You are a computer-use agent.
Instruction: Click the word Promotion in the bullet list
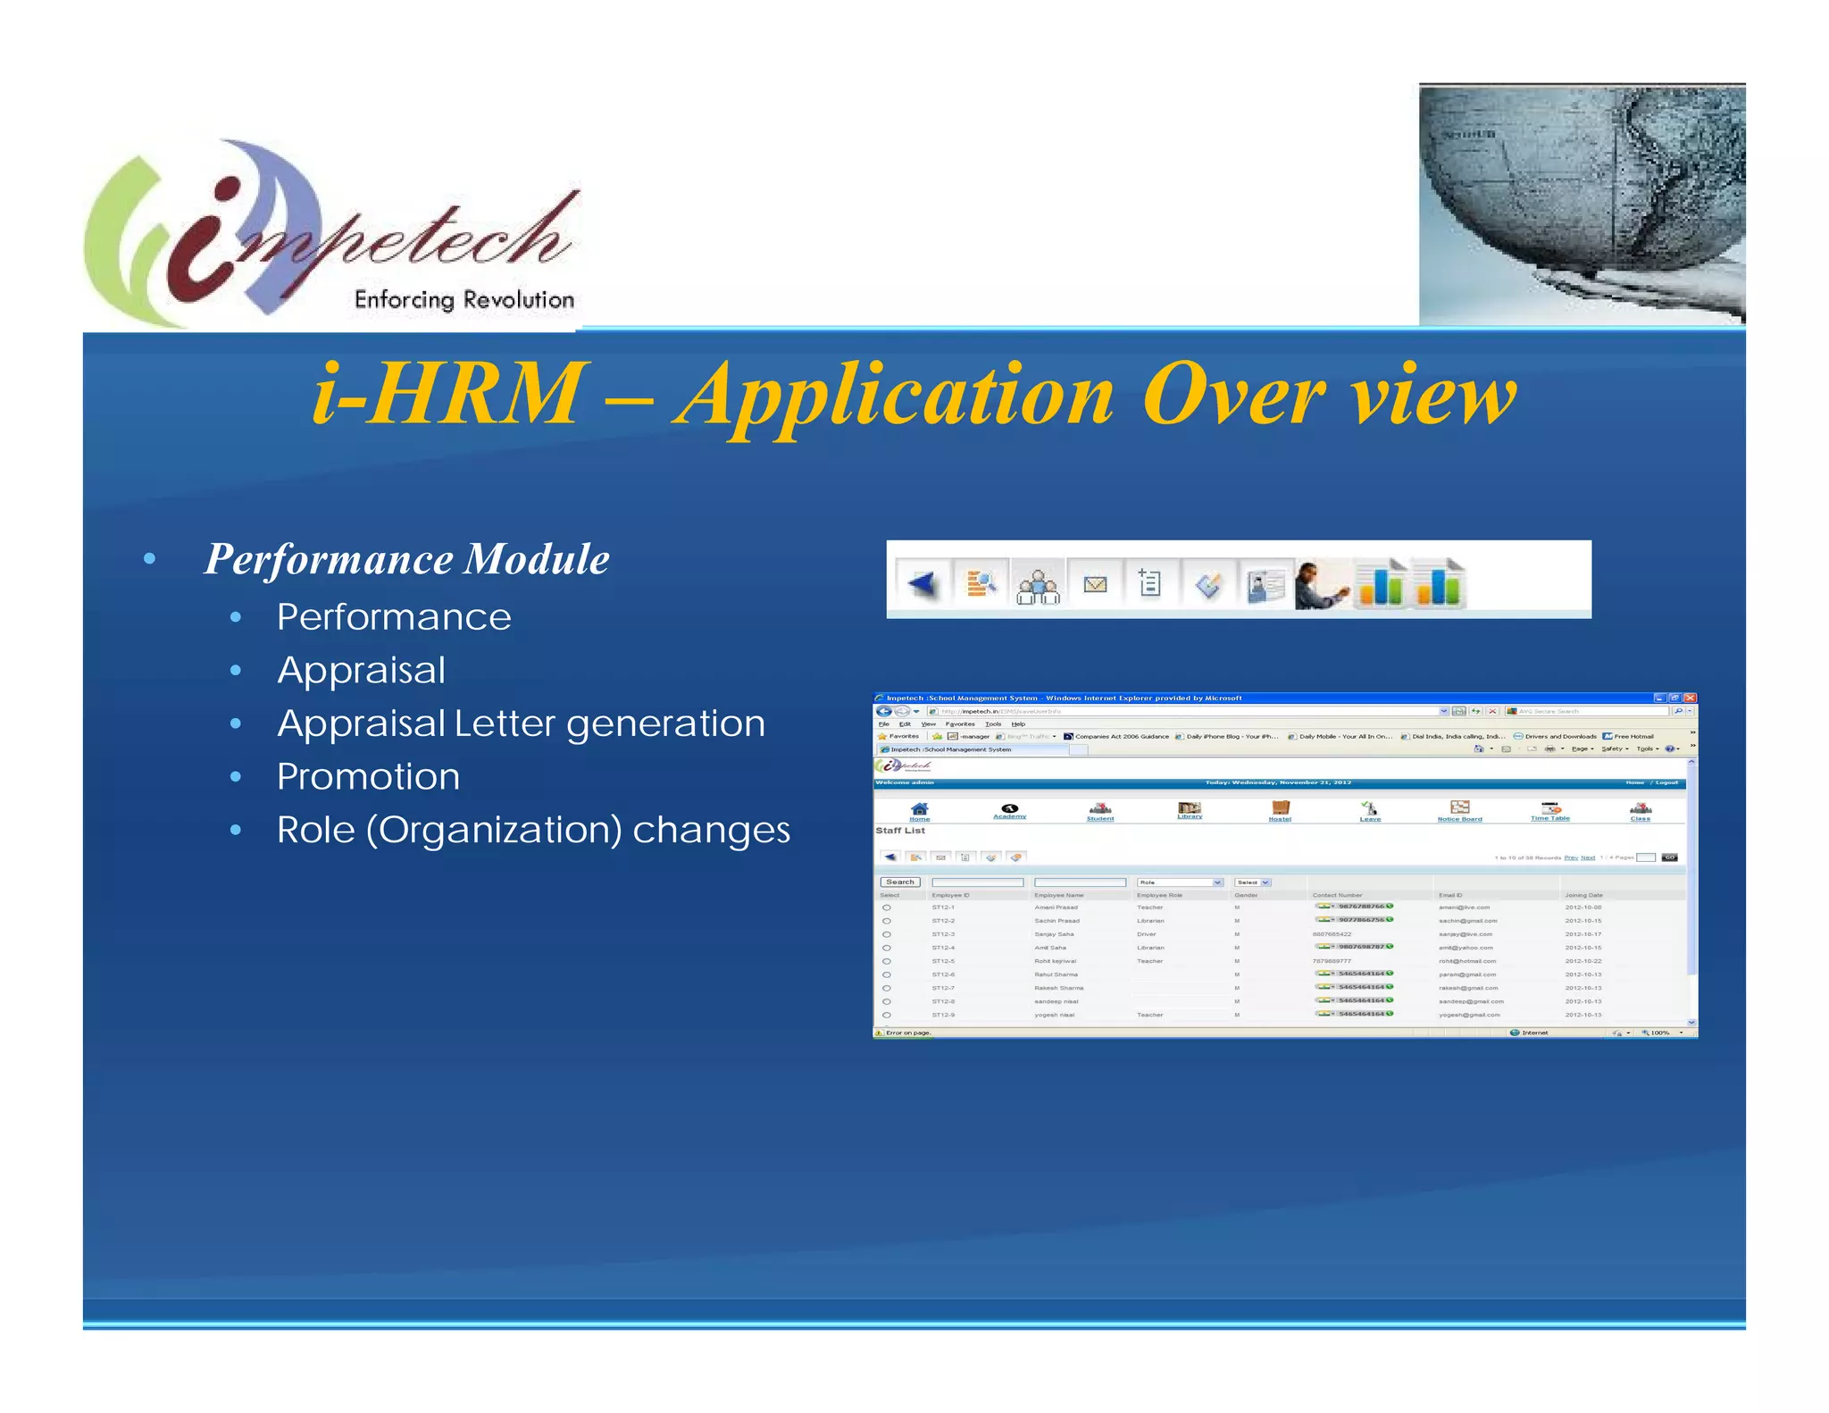pyautogui.click(x=368, y=776)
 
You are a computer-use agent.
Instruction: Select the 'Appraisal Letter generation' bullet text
pyautogui.click(x=521, y=723)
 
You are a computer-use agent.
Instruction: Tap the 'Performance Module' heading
pyautogui.click(x=406, y=559)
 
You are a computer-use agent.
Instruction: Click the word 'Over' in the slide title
pyautogui.click(x=1232, y=394)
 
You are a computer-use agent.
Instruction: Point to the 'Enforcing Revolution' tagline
pyautogui.click(x=464, y=300)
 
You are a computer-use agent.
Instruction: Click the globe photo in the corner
pyautogui.click(x=1582, y=204)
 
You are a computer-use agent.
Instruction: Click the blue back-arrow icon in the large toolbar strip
pyautogui.click(x=923, y=585)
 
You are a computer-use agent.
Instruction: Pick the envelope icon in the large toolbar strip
pyautogui.click(x=1095, y=585)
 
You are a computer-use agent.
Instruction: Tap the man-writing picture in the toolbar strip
pyautogui.click(x=1321, y=585)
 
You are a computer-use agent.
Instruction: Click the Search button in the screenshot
pyautogui.click(x=900, y=882)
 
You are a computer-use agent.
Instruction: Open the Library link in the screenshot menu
pyautogui.click(x=1190, y=810)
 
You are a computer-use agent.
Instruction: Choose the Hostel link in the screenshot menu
pyautogui.click(x=1280, y=811)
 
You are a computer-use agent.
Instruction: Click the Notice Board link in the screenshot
pyautogui.click(x=1459, y=811)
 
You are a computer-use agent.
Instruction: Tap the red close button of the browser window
pyautogui.click(x=1690, y=698)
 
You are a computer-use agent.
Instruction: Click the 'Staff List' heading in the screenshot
pyautogui.click(x=900, y=831)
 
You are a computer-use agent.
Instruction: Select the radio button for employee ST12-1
pyautogui.click(x=887, y=907)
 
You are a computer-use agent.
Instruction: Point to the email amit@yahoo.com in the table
pyautogui.click(x=1466, y=948)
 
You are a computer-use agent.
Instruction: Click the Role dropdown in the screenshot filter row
pyautogui.click(x=1180, y=882)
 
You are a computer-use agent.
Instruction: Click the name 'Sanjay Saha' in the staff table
pyautogui.click(x=1054, y=934)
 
